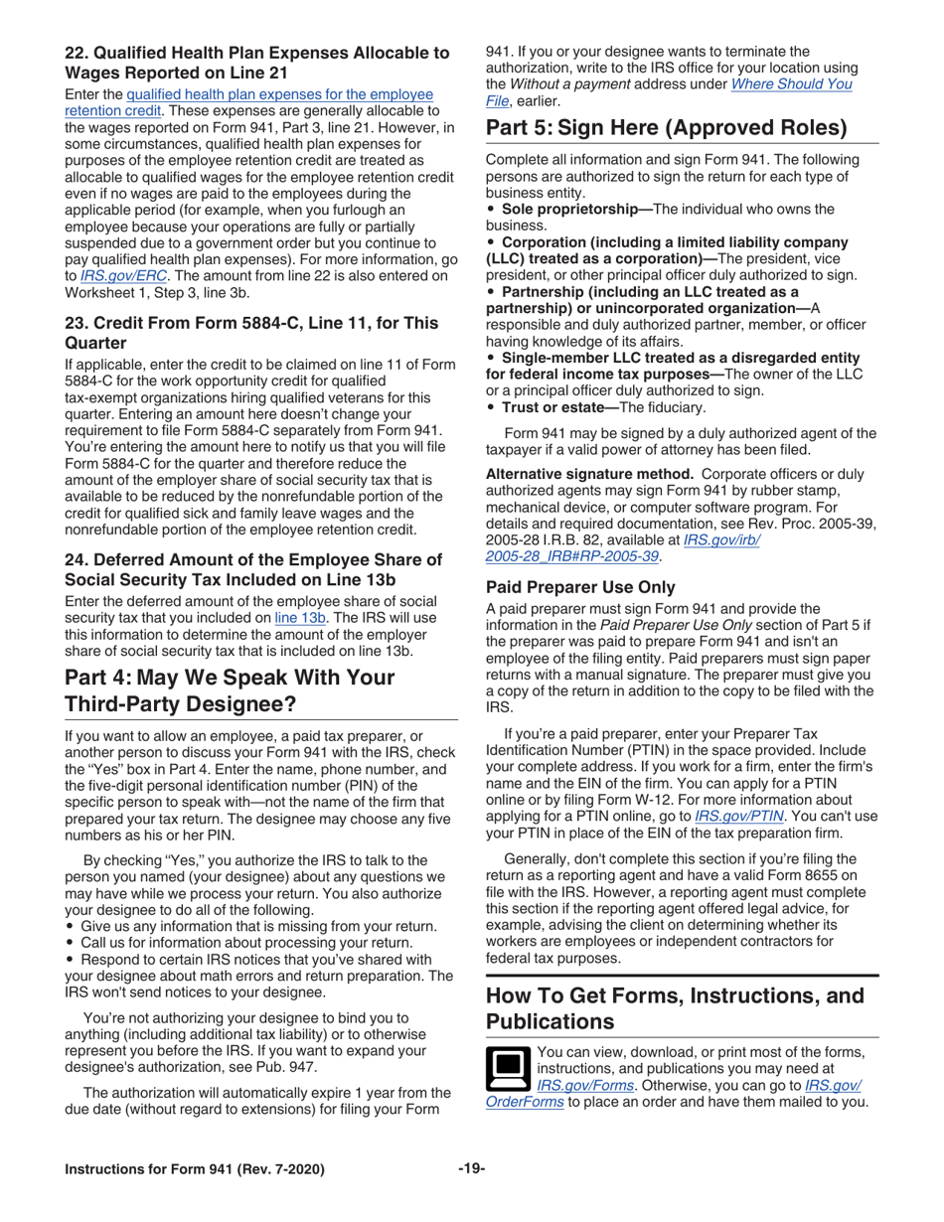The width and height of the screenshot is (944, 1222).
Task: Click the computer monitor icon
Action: [508, 1068]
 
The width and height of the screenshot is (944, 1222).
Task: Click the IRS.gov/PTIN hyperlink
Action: [737, 815]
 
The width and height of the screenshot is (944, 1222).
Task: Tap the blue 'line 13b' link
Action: [299, 617]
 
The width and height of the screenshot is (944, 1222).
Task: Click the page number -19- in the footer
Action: [471, 1168]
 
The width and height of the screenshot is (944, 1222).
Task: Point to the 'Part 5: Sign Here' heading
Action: [666, 128]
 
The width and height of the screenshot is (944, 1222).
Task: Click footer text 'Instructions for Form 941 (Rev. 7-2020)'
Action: [195, 1168]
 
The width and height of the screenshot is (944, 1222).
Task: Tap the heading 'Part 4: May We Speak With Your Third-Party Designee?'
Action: [230, 690]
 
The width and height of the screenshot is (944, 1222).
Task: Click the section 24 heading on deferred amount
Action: [253, 569]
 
